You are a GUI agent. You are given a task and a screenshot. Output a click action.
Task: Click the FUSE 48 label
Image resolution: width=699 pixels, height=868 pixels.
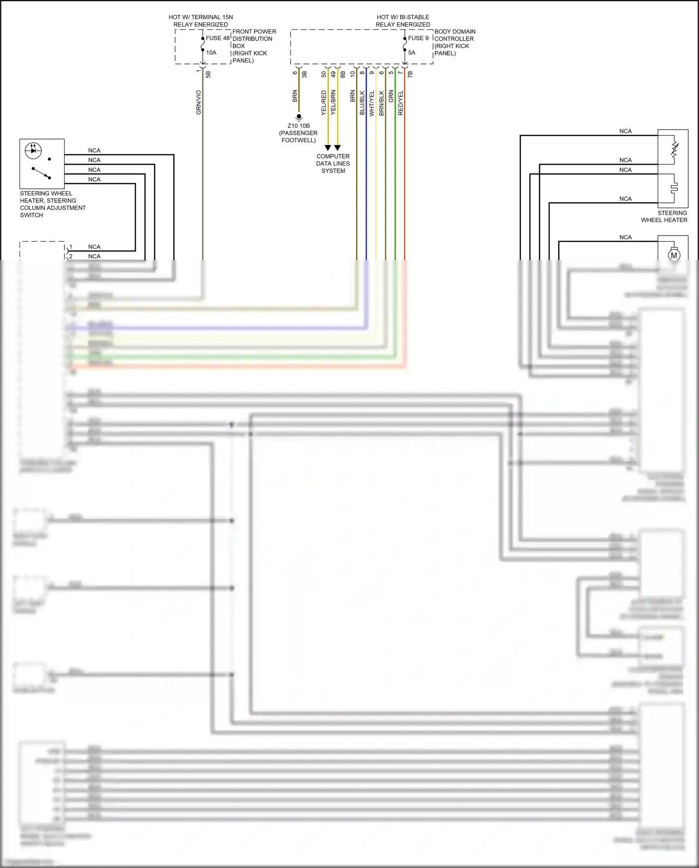tap(218, 38)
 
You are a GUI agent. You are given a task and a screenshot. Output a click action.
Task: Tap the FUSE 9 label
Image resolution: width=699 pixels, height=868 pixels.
tap(418, 38)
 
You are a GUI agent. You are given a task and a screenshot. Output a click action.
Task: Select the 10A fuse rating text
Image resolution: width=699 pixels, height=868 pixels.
tap(211, 53)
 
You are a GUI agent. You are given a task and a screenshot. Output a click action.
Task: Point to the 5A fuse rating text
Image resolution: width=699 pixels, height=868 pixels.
tap(411, 53)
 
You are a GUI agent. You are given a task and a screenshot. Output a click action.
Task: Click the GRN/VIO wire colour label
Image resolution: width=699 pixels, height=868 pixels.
tap(199, 103)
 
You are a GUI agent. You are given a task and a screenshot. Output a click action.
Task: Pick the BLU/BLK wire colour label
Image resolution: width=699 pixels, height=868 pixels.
tap(362, 103)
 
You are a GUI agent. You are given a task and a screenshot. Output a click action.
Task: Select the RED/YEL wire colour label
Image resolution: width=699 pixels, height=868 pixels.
tap(401, 103)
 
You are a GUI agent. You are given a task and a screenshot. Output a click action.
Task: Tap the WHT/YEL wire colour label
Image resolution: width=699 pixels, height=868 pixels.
tap(372, 103)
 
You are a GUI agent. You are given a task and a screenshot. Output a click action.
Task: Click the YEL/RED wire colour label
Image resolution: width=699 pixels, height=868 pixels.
tap(323, 103)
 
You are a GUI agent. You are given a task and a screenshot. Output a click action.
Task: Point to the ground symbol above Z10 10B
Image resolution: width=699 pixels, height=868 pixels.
tap(299, 117)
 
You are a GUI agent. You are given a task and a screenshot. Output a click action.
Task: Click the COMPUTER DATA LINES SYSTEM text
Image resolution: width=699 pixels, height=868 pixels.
tap(333, 164)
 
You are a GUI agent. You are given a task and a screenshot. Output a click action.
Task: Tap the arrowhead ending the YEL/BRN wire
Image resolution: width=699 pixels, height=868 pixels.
tap(337, 148)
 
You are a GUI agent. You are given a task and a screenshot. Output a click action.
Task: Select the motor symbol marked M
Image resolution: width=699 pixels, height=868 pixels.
tap(674, 255)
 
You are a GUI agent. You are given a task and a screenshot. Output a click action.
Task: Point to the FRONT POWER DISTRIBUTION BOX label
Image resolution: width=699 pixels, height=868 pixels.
tap(254, 46)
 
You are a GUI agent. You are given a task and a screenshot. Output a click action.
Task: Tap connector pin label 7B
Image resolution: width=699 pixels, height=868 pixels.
tap(410, 74)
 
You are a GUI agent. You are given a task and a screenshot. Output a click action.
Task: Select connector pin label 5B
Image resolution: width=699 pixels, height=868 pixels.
tap(208, 74)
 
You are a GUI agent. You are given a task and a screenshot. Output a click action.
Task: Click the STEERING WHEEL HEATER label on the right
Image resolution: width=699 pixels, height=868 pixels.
tap(664, 216)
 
